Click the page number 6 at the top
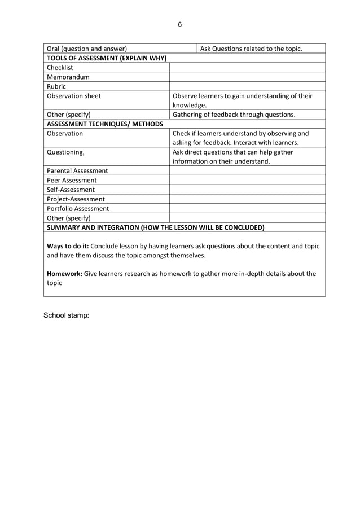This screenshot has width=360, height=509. (x=180, y=24)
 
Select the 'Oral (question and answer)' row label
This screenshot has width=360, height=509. (x=86, y=49)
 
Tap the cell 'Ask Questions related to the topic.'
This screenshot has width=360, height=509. (x=251, y=49)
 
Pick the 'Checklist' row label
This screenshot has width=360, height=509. (x=60, y=68)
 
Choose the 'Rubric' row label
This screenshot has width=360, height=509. (x=56, y=87)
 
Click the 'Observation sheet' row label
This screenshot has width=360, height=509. (x=74, y=96)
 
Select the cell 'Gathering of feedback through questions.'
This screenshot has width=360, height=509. (x=234, y=115)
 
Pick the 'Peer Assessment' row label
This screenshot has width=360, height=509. (x=72, y=180)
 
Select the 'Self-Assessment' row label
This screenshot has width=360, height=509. (x=71, y=190)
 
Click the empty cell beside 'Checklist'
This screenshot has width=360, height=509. (x=247, y=68)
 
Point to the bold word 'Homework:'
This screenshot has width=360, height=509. (x=64, y=274)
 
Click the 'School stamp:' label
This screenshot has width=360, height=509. (x=66, y=315)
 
